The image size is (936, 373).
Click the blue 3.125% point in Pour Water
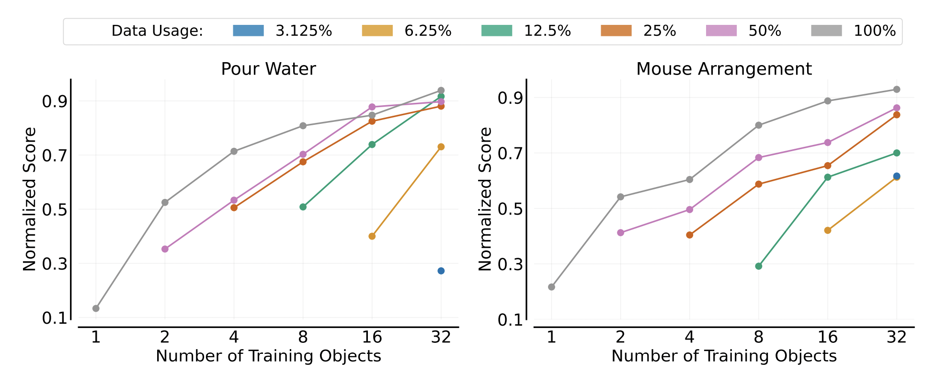[x=441, y=271]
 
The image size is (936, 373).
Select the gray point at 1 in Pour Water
[x=96, y=308]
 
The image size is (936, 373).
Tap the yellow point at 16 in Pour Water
[x=372, y=236]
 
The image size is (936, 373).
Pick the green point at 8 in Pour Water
[x=303, y=207]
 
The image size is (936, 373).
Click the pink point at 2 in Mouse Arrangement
[x=620, y=233]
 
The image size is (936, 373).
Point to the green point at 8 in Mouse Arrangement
[x=758, y=266]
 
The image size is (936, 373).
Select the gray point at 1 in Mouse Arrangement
[x=551, y=287]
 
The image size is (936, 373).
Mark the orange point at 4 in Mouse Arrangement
[x=689, y=235]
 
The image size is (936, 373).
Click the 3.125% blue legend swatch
[x=248, y=31]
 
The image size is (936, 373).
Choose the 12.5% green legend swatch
[x=497, y=31]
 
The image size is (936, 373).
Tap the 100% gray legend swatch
[x=826, y=31]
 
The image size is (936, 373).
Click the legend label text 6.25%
[x=428, y=31]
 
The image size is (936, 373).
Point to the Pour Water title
[x=268, y=69]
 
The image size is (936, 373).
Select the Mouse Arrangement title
[x=724, y=69]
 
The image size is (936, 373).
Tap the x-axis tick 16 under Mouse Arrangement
[x=827, y=337]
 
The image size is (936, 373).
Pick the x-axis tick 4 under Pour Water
[x=234, y=337]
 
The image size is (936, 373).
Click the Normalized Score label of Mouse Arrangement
[x=485, y=199]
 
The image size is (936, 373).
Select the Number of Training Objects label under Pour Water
[x=268, y=356]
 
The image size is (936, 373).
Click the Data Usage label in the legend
[x=157, y=31]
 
